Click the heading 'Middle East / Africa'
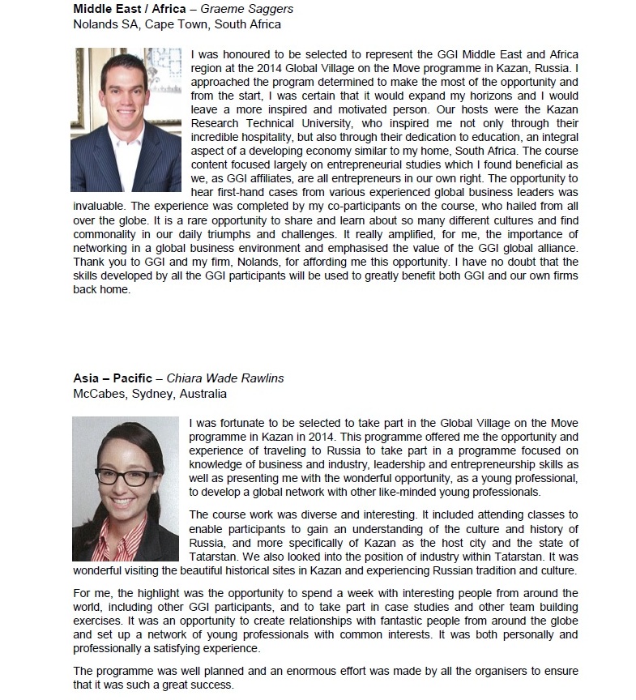[121, 10]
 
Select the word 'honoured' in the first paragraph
[242, 54]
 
